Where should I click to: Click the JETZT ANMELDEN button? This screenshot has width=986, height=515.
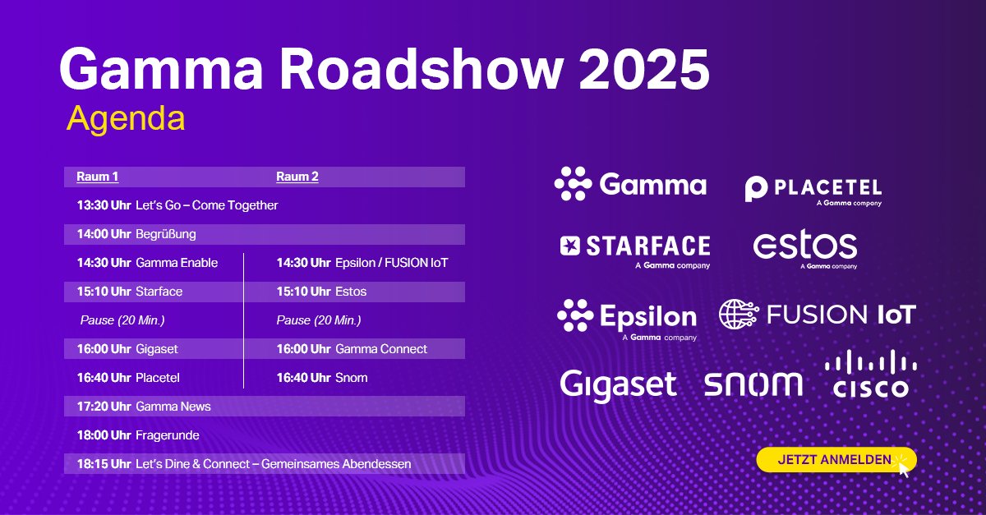click(834, 460)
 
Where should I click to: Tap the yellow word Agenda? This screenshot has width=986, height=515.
click(126, 118)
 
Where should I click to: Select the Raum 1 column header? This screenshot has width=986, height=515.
click(97, 177)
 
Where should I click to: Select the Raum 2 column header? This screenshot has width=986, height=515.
click(297, 177)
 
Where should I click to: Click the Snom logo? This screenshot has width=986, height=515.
click(753, 383)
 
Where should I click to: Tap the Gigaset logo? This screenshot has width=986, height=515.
click(618, 384)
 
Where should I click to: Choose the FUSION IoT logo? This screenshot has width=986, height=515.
click(817, 314)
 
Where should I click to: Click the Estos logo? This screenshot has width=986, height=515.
click(804, 247)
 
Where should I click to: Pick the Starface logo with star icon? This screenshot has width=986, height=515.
click(634, 246)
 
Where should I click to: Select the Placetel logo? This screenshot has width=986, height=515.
click(813, 190)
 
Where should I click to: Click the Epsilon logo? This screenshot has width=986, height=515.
click(627, 317)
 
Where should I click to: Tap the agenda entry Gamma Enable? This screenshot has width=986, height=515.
click(177, 263)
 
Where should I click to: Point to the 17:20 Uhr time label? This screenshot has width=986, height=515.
click(104, 406)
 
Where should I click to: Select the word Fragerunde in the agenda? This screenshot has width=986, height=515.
click(168, 435)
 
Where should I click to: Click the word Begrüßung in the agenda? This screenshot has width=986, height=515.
click(166, 234)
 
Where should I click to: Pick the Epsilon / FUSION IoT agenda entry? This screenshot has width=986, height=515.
click(391, 263)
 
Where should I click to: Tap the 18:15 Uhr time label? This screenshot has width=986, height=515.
click(104, 464)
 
